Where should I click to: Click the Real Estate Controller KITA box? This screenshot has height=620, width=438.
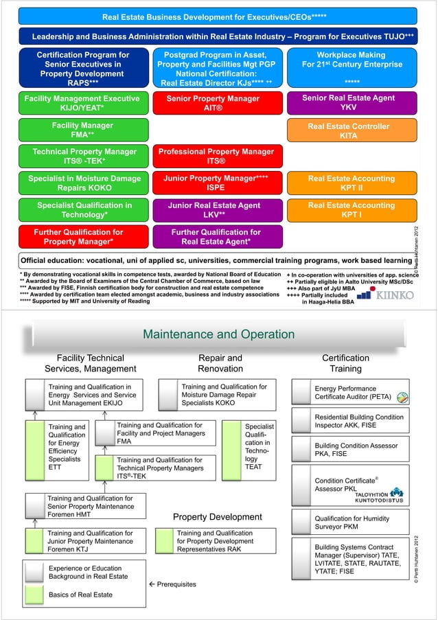pos(348,131)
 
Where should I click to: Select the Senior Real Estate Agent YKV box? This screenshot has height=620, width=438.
pos(348,104)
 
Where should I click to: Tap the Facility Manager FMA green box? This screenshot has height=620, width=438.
pos(82,131)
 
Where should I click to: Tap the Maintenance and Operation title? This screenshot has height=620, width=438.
pos(218,334)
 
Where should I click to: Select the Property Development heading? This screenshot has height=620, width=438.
pos(217,516)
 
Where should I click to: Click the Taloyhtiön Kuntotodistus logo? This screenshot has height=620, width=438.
pos(380,494)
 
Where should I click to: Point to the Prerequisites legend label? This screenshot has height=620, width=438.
pos(173,584)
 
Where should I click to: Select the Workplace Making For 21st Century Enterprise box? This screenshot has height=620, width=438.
pos(351,67)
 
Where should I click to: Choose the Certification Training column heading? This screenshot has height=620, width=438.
pos(345,363)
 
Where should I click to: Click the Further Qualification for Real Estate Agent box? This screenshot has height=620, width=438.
pos(216,237)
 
